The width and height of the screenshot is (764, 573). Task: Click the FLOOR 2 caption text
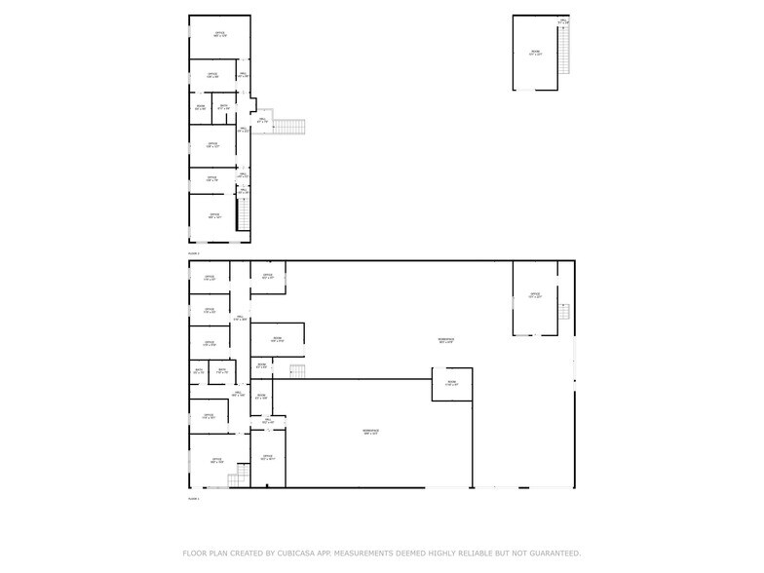193,253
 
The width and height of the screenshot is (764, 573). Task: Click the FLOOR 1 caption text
193,499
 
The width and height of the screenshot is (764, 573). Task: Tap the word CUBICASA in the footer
300,554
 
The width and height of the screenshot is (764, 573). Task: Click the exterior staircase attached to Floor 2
289,126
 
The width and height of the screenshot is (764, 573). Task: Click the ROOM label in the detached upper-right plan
534,53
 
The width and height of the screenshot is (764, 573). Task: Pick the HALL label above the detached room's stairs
563,20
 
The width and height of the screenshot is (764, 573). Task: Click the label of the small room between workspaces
451,383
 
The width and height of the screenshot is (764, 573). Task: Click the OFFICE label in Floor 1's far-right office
534,294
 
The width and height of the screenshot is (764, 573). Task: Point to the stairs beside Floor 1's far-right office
563,314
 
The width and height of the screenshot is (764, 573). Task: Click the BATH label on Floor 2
224,107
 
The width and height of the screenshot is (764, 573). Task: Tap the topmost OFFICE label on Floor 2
220,34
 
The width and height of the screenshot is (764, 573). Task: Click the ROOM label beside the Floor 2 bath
200,107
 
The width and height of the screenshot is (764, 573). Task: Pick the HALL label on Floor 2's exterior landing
260,121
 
